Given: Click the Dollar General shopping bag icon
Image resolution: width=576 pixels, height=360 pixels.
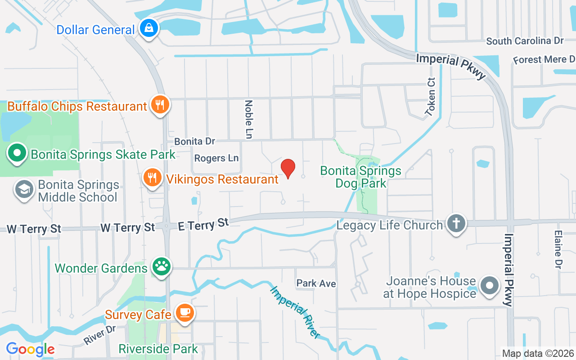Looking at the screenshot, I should click(148, 28).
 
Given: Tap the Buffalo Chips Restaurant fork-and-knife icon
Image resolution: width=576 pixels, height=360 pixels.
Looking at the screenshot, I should click(160, 105).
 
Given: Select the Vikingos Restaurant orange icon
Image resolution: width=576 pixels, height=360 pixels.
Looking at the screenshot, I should click(153, 178).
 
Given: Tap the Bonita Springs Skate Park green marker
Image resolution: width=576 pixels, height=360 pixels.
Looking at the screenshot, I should click(17, 153).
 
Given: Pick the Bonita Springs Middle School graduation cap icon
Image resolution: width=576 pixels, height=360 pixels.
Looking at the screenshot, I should click(24, 189).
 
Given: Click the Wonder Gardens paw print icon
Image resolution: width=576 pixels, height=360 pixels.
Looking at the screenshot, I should click(161, 267).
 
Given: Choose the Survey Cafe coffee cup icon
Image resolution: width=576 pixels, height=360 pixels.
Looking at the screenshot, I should click(184, 312).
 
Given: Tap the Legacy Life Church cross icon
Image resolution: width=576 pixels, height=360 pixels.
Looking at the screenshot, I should click(456, 224).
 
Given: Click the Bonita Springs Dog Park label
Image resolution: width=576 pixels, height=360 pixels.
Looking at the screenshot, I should click(360, 177).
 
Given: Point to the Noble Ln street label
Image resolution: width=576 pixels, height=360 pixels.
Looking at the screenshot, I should click(248, 119).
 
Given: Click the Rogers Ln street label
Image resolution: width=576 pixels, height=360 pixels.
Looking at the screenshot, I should click(216, 158).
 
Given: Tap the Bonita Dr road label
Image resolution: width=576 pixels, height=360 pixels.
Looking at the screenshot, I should click(195, 141).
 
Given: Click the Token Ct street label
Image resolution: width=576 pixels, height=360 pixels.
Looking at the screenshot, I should click(431, 97).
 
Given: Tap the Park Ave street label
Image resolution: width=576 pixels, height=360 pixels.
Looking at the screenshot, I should click(316, 283).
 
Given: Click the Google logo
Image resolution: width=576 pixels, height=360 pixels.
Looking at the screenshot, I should click(30, 349).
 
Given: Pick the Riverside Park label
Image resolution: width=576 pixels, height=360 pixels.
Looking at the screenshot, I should click(158, 349).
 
